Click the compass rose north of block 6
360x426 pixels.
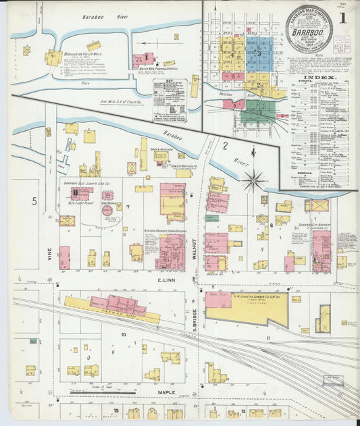[254, 180]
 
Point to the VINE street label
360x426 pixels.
[49, 254]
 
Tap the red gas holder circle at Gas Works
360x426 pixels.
[107, 210]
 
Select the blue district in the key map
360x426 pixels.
[258, 50]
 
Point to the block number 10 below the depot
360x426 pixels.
[123, 334]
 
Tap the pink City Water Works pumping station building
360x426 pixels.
[142, 60]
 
